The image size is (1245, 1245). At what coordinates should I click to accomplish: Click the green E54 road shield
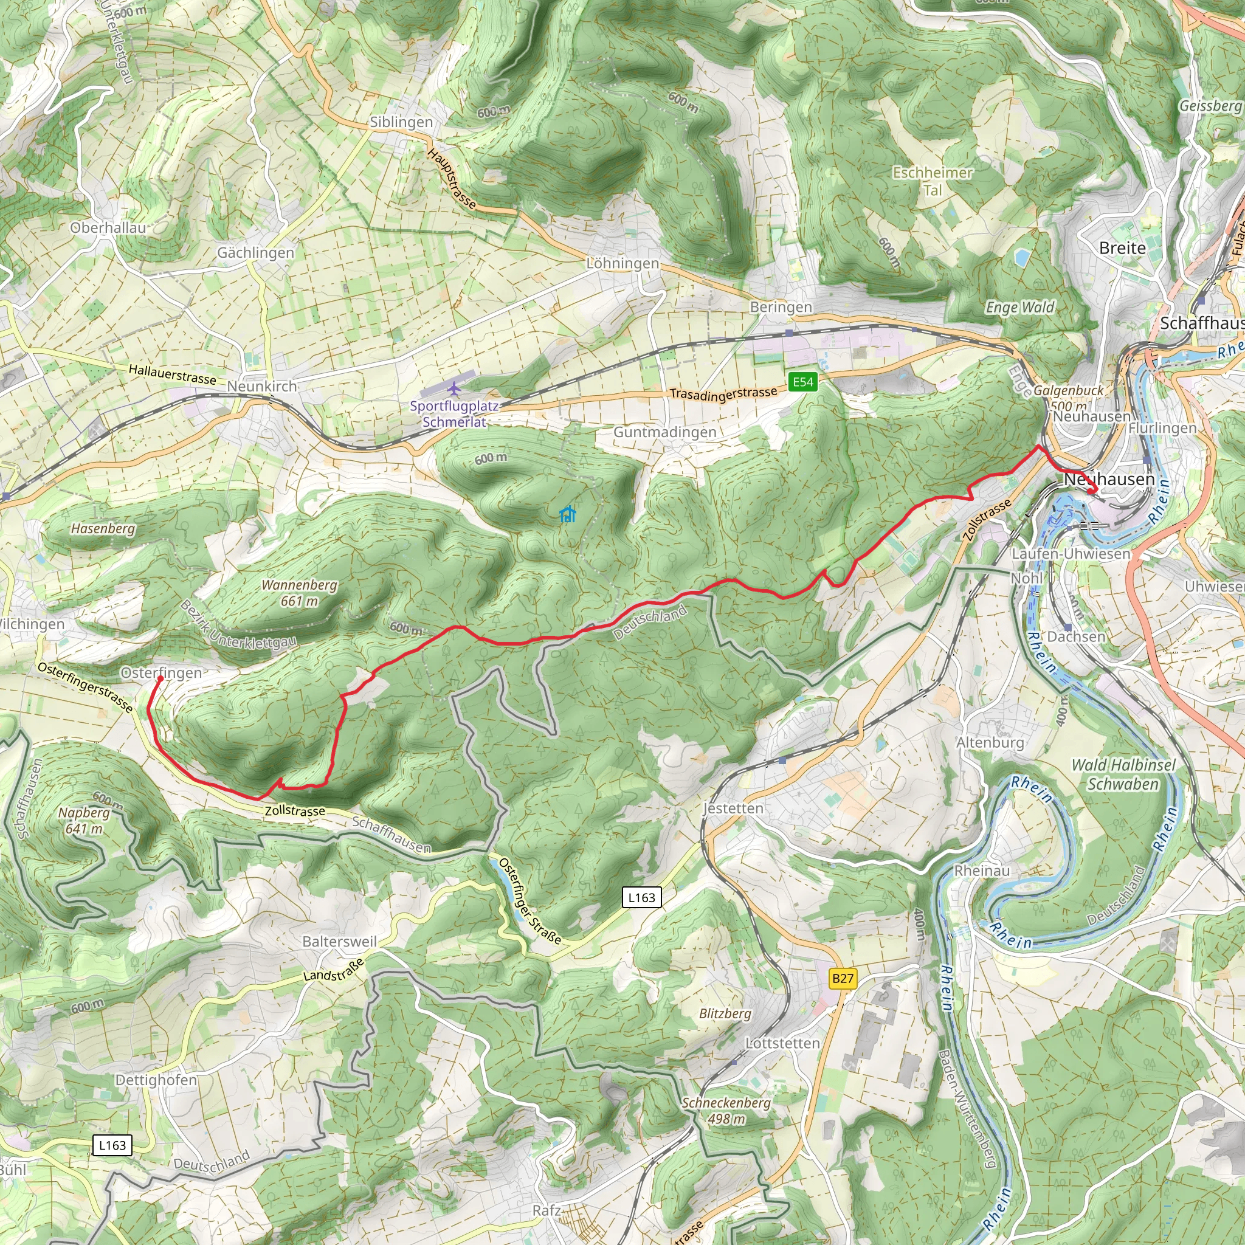coord(802,382)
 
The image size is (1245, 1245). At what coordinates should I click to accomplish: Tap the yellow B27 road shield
coord(842,978)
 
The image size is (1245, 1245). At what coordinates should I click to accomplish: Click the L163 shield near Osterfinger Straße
coord(641,897)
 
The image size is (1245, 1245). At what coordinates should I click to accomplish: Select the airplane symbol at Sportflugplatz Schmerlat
coord(454,388)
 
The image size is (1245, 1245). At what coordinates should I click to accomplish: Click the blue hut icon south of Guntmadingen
coord(567,514)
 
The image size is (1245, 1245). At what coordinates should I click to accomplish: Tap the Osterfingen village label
coord(161,673)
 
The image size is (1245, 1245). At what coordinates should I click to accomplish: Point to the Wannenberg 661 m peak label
coord(299,593)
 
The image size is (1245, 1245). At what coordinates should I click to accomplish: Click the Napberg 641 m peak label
coord(84,820)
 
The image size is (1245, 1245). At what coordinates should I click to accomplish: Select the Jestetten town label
coord(733,808)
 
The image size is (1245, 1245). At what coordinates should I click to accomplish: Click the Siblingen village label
coord(401,122)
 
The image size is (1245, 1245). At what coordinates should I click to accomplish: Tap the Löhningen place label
coord(622,264)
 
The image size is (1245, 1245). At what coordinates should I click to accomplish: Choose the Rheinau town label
coord(982,871)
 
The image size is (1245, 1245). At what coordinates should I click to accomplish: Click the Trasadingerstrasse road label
coord(723,394)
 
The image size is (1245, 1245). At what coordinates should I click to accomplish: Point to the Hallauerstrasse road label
coord(172,374)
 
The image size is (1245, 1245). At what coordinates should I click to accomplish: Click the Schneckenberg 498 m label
coord(726,1110)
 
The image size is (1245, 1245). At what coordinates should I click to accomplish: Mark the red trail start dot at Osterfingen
coord(160,678)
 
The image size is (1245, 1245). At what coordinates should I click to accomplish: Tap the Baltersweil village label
coord(340,942)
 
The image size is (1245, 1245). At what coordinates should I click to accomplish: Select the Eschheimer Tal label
coord(933,181)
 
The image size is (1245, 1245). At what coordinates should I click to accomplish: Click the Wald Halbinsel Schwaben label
coord(1123,774)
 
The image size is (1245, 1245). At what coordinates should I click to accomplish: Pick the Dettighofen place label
coord(156,1080)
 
